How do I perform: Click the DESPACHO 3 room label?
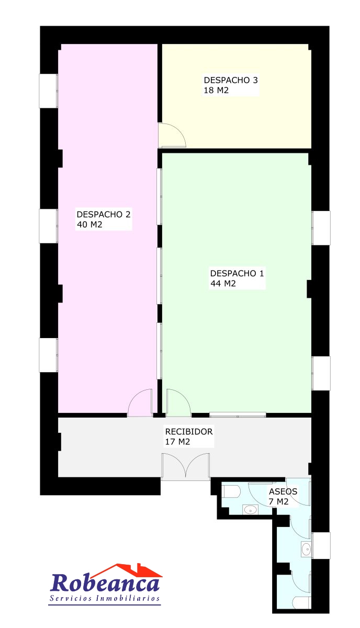230,80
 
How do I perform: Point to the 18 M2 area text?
216,90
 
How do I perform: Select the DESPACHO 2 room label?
104,215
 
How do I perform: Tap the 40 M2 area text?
89,225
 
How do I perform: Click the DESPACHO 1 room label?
237,273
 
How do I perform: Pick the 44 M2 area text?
223,284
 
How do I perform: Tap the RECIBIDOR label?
189,431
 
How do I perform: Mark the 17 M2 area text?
177,442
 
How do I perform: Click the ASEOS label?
283,491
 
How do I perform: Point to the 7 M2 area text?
278,501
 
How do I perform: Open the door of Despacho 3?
172,135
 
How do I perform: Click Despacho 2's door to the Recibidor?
140,402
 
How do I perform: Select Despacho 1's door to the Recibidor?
178,402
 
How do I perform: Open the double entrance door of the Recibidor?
186,466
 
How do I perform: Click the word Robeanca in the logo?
105,582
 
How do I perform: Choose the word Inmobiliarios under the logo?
128,598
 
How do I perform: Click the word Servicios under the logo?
71,598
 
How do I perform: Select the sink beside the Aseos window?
306,548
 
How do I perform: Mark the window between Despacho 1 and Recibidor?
238,414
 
